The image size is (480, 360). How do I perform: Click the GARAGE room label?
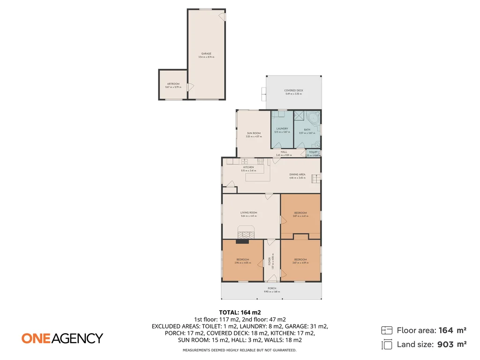pyautogui.click(x=207, y=53)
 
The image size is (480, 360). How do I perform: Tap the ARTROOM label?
pyautogui.click(x=173, y=84)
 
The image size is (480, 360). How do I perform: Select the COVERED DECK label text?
pyautogui.click(x=293, y=90)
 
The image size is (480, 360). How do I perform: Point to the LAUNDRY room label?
pyautogui.click(x=282, y=128)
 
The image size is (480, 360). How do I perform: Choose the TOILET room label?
pyautogui.click(x=313, y=152)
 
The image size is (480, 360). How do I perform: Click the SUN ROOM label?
pyautogui.click(x=254, y=133)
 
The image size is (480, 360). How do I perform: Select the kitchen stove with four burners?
pyautogui.click(x=260, y=161)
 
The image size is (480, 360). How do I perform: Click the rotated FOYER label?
pyautogui.click(x=269, y=261)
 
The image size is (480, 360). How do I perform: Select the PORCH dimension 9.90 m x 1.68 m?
pyautogui.click(x=272, y=292)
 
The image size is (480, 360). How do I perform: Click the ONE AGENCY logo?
pyautogui.click(x=62, y=338)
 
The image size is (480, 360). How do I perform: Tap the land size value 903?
pyautogui.click(x=445, y=345)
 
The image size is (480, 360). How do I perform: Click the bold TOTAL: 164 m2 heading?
pyautogui.click(x=240, y=312)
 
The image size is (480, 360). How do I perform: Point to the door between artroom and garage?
pyautogui.click(x=188, y=87)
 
